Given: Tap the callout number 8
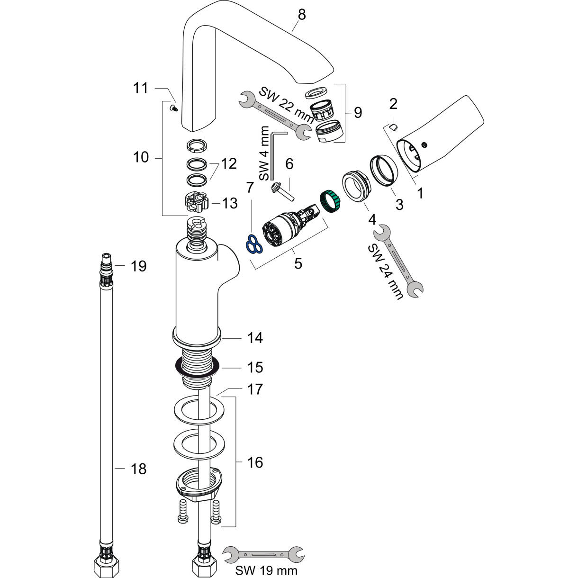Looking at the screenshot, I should pos(301,15).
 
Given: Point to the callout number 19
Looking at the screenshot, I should pos(138,266).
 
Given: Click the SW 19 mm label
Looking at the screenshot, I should pos(266,570).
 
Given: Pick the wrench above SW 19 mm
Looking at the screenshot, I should pos(263,552).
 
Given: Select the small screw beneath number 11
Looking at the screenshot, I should pos(173,108).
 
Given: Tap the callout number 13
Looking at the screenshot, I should pos(230,203).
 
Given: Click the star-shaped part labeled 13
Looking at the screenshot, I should pos(196,202).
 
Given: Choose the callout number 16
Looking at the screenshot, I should pos(255,462).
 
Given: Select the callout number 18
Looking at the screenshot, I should pos(138,469).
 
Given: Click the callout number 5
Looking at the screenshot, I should pos(298,263).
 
